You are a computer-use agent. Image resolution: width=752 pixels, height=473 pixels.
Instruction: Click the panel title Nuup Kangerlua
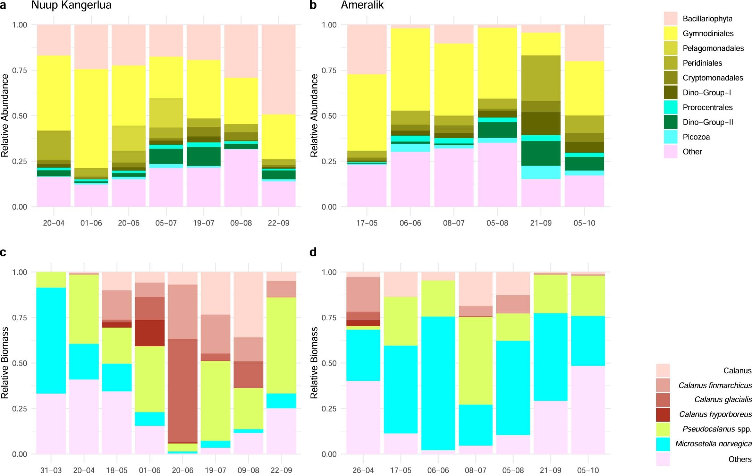tap(71, 5)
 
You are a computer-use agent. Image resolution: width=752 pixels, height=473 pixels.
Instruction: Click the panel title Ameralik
tap(362, 5)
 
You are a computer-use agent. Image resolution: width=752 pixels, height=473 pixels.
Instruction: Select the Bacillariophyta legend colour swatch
tap(670, 19)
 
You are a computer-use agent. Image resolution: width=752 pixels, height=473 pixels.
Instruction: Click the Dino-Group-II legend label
tap(708, 122)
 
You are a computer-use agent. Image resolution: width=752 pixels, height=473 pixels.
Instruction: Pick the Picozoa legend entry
tap(696, 137)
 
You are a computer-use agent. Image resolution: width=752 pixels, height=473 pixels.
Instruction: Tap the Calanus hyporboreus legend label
tap(715, 414)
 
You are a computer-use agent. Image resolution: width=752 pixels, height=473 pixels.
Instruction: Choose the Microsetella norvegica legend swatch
tap(663, 444)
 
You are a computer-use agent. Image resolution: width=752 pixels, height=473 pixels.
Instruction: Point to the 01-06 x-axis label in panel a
tap(91, 223)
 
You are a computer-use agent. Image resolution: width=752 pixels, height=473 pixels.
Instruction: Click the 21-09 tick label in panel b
tap(541, 223)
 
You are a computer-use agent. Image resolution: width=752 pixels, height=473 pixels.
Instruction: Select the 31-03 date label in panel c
tap(51, 470)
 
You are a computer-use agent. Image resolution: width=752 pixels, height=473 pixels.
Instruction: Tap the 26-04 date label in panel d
tap(363, 470)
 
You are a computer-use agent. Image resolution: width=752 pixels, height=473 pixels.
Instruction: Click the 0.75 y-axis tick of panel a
tap(19, 70)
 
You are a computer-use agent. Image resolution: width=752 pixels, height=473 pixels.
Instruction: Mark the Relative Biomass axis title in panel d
tap(314, 363)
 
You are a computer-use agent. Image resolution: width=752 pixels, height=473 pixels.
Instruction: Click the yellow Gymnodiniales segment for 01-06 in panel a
tap(91, 118)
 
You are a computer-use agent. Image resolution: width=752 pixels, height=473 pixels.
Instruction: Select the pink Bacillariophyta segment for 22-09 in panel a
tap(278, 69)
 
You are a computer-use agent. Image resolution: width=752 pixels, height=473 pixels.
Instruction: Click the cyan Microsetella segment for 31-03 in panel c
tap(51, 340)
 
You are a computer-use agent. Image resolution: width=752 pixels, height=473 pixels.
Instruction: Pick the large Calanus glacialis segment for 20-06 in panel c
tap(183, 390)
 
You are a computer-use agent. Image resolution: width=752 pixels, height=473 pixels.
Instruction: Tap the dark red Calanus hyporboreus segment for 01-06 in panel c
tap(150, 333)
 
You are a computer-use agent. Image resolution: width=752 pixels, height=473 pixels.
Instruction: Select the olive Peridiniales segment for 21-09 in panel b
tap(541, 78)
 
